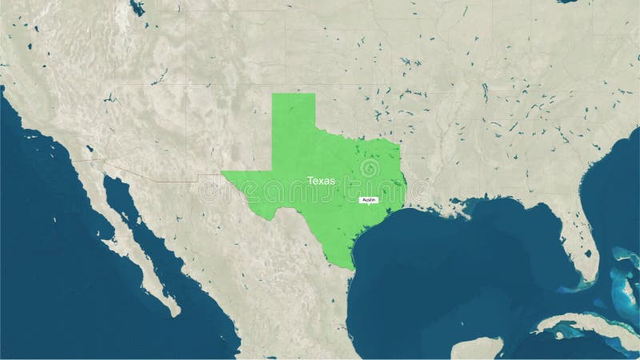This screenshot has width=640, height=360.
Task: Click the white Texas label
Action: tap(322, 182)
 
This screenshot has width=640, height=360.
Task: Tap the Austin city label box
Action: tap(369, 199)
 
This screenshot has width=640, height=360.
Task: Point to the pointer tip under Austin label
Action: tap(369, 205)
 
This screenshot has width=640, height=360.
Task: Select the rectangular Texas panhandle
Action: tap(293, 120)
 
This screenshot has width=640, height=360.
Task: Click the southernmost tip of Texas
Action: tap(352, 267)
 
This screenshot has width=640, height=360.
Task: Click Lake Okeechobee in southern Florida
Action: tap(587, 254)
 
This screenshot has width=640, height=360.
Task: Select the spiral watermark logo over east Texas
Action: tap(370, 169)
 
